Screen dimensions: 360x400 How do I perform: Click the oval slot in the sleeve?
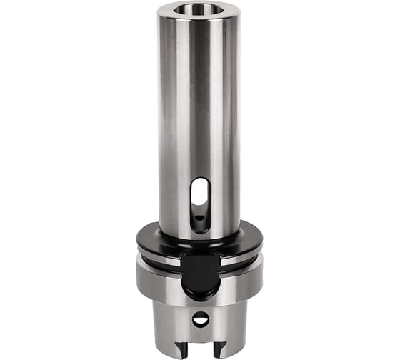tap(201, 204)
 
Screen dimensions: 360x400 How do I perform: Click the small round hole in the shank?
tap(201, 319)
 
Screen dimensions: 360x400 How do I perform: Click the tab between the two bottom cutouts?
tap(201, 350)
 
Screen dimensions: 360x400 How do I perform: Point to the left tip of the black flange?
tap(137, 239)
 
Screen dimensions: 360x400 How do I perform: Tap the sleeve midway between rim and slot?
tap(199, 100)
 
